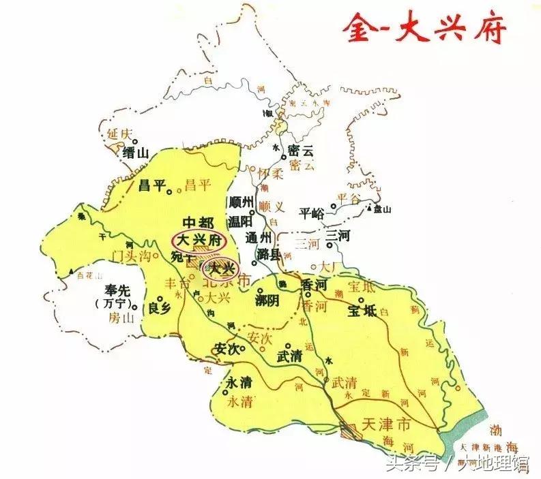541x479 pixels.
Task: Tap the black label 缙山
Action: (x=135, y=153)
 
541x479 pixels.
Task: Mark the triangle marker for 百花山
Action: (x=71, y=272)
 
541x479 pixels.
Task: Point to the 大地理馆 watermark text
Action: (x=493, y=465)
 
